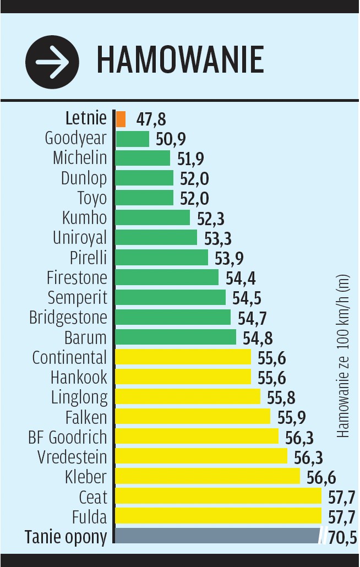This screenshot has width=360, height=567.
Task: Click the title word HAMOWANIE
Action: click(x=180, y=60)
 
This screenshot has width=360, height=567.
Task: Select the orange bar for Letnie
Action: click(x=121, y=119)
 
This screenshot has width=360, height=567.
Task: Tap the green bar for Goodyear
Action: click(x=132, y=139)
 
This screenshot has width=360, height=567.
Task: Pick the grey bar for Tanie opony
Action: click(x=217, y=536)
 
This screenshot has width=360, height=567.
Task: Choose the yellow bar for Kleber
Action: click(x=207, y=476)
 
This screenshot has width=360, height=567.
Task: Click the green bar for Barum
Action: click(x=175, y=337)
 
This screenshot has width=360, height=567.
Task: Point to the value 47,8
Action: click(x=151, y=119)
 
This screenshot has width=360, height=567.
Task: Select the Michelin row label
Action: click(x=80, y=158)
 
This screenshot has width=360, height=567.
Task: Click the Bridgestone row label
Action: click(x=68, y=318)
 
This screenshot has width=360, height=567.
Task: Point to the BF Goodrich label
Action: click(x=68, y=437)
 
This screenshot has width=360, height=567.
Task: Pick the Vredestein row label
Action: click(x=72, y=457)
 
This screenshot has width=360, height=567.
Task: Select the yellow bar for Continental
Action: click(x=183, y=357)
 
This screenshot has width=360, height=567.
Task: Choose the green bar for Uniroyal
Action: click(x=156, y=238)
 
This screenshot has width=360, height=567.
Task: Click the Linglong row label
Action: click(x=79, y=397)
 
